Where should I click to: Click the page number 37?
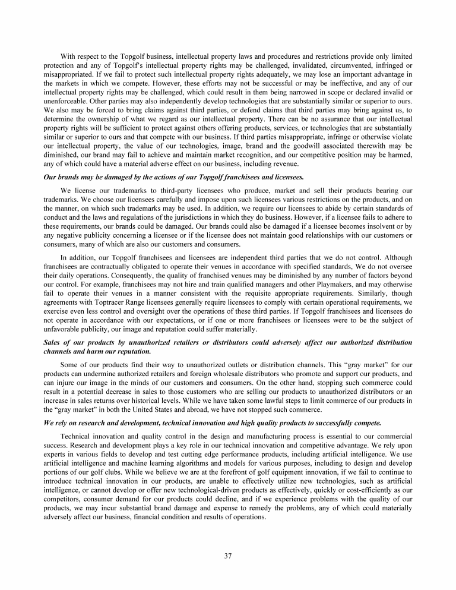(228, 556)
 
